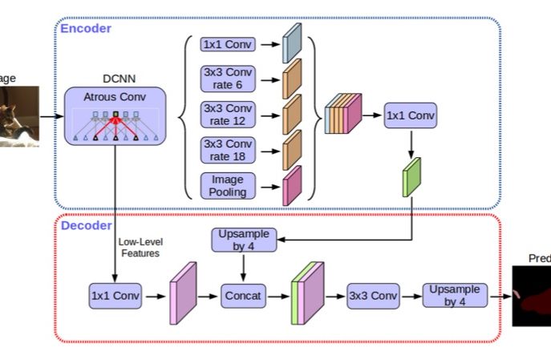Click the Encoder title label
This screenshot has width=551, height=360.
(x=86, y=29)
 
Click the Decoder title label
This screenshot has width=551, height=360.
(x=87, y=225)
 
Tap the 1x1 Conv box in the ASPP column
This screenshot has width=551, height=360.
(x=229, y=45)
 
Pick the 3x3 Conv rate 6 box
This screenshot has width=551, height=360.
(x=229, y=79)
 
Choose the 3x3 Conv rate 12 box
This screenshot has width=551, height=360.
(x=229, y=114)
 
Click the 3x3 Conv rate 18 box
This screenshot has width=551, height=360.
(x=229, y=148)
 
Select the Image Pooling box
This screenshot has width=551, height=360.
(x=229, y=184)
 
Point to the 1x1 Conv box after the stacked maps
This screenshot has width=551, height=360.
(x=411, y=116)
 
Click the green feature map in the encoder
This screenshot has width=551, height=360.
(x=412, y=177)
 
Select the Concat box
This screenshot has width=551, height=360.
(x=244, y=296)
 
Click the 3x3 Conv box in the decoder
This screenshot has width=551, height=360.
(x=373, y=296)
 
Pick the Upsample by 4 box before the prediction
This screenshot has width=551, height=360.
(x=455, y=295)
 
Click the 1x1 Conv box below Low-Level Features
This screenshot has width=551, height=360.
(x=115, y=296)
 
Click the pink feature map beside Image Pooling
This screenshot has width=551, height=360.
(x=292, y=185)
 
